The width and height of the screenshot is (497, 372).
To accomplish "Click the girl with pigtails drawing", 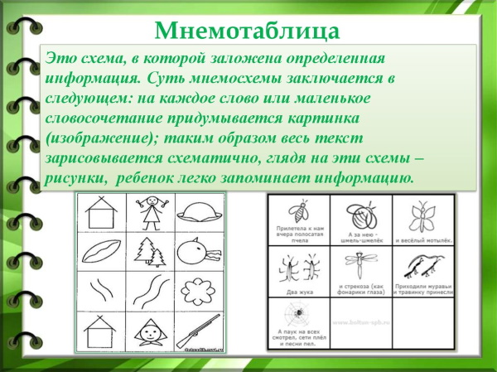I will (x=152, y=213).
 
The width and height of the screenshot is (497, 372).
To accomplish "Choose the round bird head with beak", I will (x=200, y=251).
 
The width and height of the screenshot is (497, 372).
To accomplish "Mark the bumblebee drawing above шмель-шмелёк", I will (x=361, y=217).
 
